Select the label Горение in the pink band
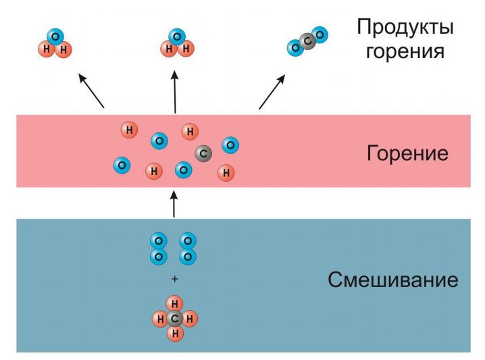pos(407,153)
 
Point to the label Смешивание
pos(393,280)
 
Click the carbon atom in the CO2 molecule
pos(307,41)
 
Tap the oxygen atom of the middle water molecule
pos(177,36)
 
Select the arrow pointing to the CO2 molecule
pos(272,91)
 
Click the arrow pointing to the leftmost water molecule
pos(91,90)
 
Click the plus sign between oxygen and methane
pos(174,279)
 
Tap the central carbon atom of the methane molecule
pos(175,317)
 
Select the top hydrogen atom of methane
pos(175,303)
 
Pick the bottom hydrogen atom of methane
pos(175,332)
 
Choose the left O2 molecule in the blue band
pos(159,249)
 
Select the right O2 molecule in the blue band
pos(188,249)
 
